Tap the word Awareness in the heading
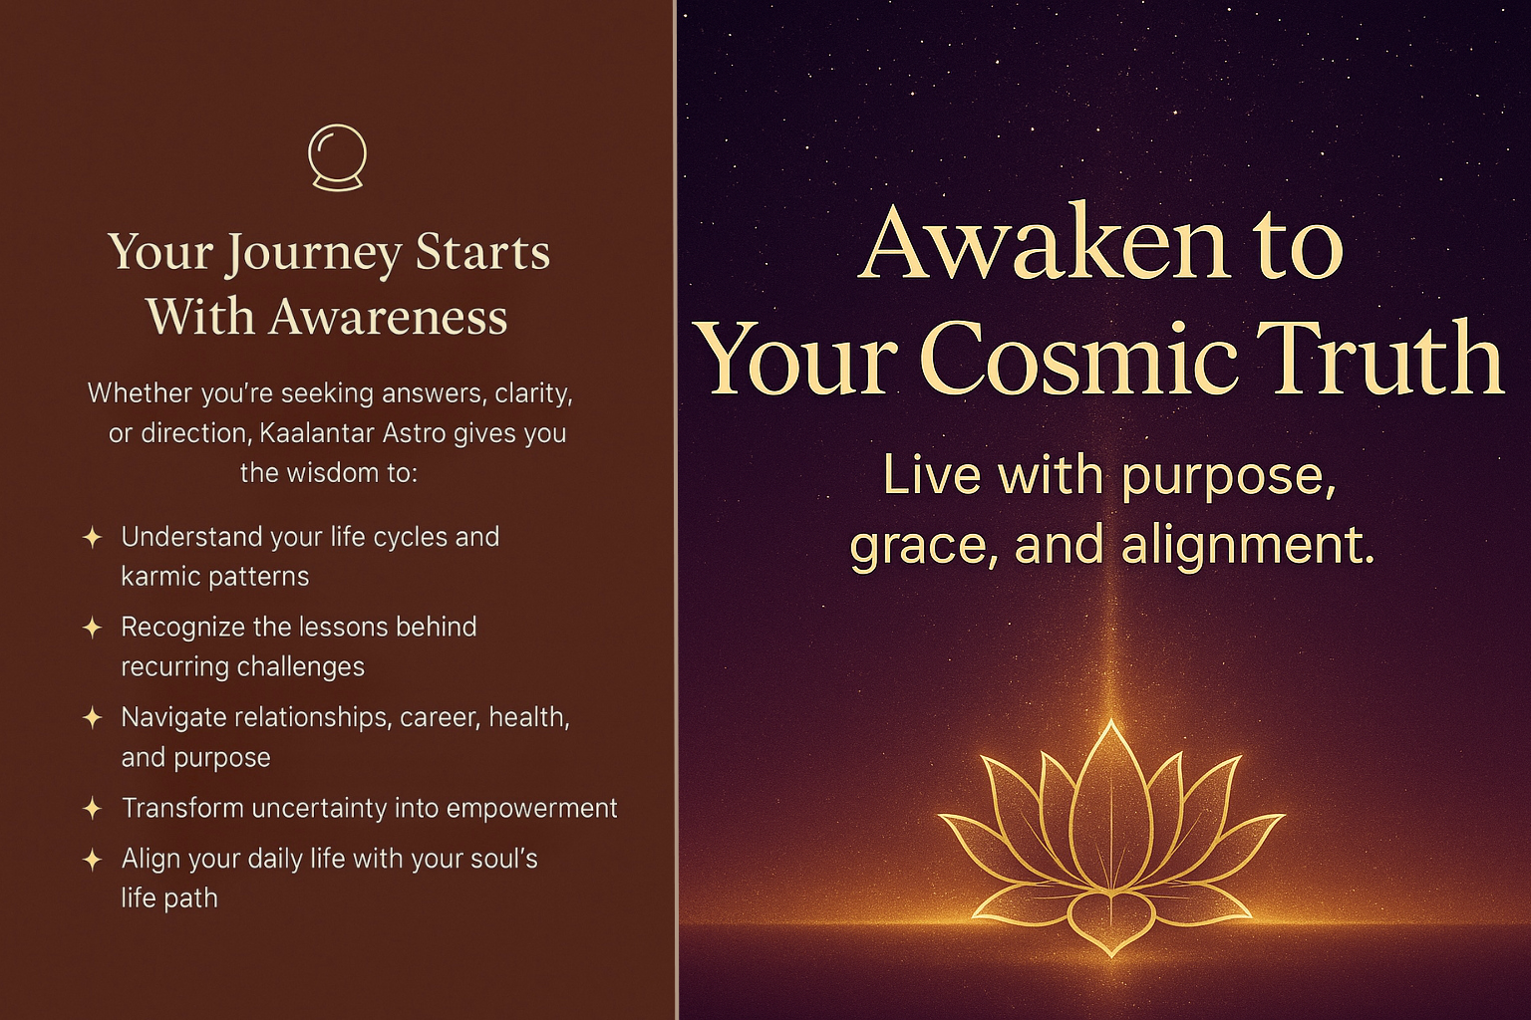[388, 317]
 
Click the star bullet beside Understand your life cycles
[93, 538]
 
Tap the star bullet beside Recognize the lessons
[93, 628]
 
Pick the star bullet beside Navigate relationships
[93, 718]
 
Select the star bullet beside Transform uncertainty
[93, 809]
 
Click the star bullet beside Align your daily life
[93, 860]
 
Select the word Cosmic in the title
[1081, 359]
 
